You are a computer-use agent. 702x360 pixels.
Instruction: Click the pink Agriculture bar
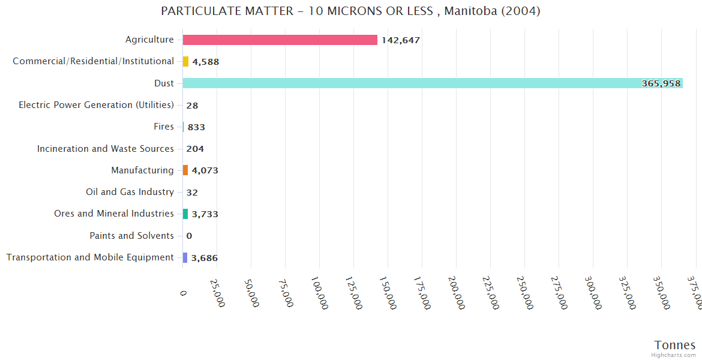[280, 40]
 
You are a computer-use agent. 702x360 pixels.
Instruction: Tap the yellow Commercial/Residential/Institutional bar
[185, 62]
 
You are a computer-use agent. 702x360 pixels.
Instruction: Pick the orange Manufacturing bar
[185, 170]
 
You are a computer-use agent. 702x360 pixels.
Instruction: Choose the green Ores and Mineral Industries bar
[185, 214]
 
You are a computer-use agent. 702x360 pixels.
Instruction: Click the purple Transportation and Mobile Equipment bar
[185, 257]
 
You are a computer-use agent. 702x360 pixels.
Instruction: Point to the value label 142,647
[401, 40]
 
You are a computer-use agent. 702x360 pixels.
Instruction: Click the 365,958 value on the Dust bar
[661, 83]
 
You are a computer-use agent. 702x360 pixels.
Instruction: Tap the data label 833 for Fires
[196, 127]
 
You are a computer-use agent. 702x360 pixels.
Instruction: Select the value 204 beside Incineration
[195, 149]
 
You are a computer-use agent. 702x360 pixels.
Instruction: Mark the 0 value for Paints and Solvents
[189, 236]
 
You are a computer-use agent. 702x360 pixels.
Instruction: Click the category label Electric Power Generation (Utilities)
[96, 105]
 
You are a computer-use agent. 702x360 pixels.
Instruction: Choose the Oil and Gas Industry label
[130, 192]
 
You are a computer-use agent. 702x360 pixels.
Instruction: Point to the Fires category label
[164, 127]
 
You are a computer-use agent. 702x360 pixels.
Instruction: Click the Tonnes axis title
[675, 345]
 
